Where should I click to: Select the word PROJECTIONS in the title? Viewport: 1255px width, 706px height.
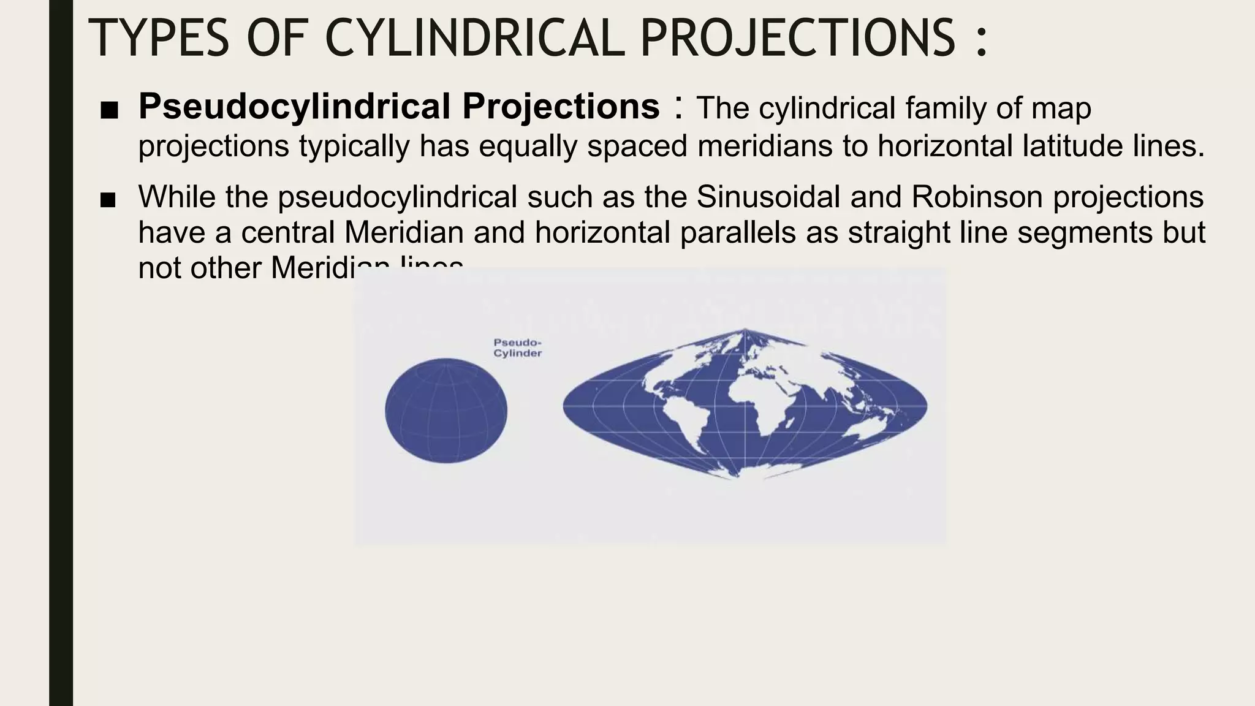(x=797, y=38)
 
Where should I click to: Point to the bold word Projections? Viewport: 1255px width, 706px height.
(x=561, y=107)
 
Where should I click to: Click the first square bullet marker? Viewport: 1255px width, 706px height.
(x=108, y=111)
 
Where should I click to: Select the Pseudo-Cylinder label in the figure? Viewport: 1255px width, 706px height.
(x=517, y=348)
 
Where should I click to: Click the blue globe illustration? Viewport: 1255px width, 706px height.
(x=446, y=411)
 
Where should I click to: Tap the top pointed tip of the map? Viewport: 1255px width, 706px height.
(x=745, y=330)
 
